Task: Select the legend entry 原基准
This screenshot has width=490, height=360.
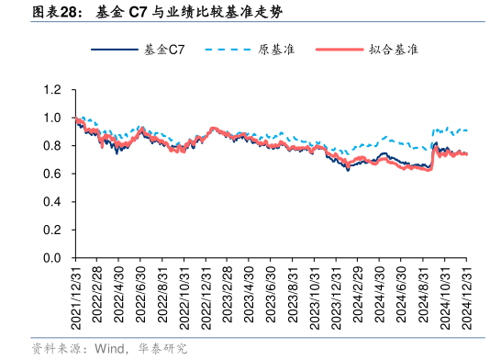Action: (276, 50)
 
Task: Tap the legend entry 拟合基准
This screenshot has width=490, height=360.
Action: (395, 50)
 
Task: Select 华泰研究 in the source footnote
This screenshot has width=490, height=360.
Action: (165, 348)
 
